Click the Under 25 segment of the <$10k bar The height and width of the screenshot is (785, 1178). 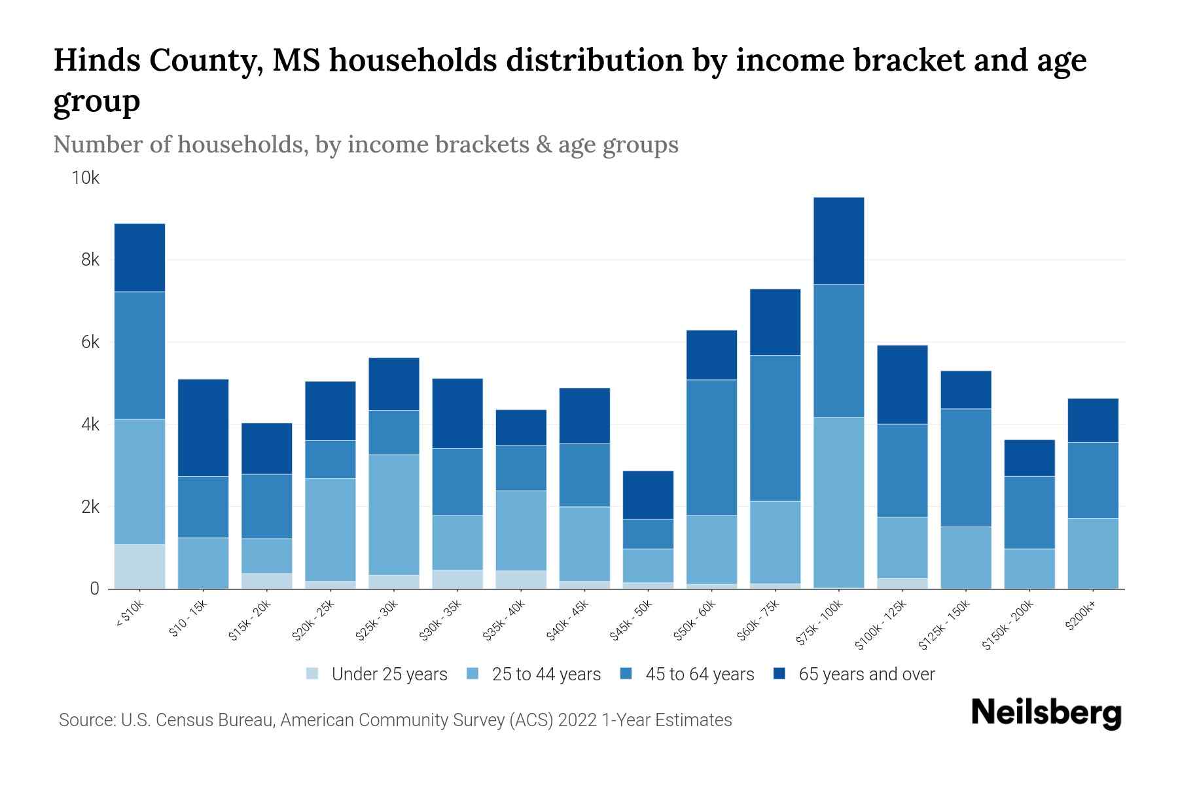click(x=139, y=567)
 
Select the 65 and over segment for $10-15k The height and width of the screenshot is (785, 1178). click(x=203, y=428)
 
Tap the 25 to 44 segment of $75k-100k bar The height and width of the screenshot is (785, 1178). click(x=838, y=502)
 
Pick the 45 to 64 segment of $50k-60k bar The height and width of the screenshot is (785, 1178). click(x=711, y=447)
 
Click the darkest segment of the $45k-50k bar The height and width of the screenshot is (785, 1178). click(x=648, y=495)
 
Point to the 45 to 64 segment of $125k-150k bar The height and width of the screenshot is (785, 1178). click(x=965, y=468)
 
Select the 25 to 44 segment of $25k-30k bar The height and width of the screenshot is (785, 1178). click(x=394, y=515)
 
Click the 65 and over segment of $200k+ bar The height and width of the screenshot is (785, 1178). click(x=1092, y=421)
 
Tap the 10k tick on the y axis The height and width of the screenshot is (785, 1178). click(x=86, y=178)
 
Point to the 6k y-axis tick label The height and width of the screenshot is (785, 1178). click(x=90, y=342)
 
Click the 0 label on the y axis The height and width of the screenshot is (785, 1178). click(x=94, y=589)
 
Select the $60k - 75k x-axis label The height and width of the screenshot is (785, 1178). click(x=760, y=619)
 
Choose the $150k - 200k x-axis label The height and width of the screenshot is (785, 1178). click(x=1008, y=624)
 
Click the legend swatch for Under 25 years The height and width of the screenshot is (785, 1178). click(x=313, y=674)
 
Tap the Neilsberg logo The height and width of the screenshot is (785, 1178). click(x=1046, y=713)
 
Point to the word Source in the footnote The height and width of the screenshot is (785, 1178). click(x=86, y=720)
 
